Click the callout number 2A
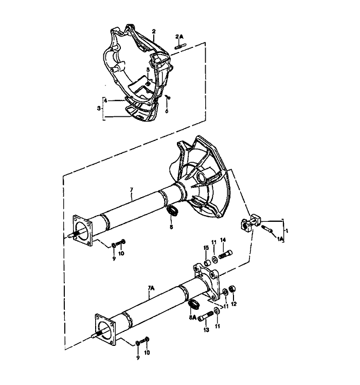(x=179, y=37)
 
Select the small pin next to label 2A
(x=181, y=46)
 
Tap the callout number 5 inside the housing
(x=148, y=69)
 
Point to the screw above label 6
(x=168, y=97)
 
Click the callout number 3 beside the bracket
(x=99, y=108)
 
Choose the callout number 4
(x=105, y=100)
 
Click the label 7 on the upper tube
(x=131, y=189)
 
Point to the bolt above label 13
(x=206, y=316)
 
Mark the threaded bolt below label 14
(x=226, y=254)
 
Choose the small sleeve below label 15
(x=207, y=263)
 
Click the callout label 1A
(x=280, y=238)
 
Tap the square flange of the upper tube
(x=82, y=231)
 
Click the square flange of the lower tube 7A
(x=105, y=329)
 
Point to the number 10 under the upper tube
(x=121, y=253)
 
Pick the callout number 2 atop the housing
(x=154, y=31)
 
